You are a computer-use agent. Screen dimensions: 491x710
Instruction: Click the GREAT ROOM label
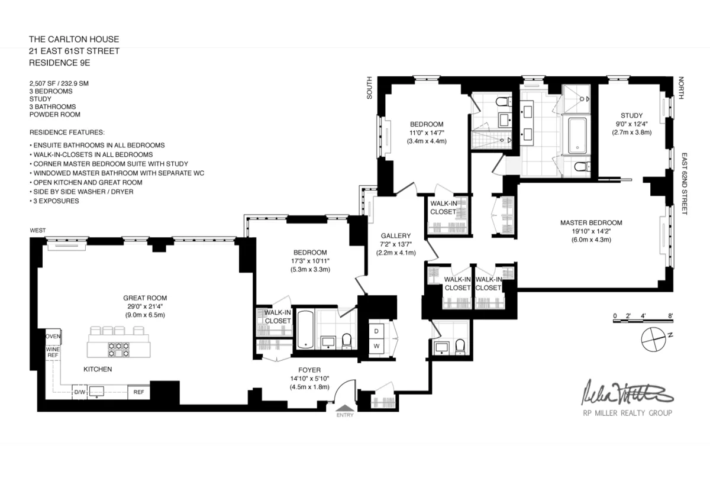tap(144, 298)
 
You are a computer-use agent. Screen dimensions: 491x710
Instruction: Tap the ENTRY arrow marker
tap(344, 408)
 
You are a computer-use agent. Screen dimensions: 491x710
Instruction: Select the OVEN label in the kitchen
tap(53, 336)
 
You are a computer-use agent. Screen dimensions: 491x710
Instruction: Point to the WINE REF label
tap(53, 352)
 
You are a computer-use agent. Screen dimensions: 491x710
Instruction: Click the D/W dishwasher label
tap(79, 392)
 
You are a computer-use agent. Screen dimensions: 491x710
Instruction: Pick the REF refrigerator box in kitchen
tap(139, 392)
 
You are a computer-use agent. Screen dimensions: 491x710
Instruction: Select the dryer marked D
tap(376, 331)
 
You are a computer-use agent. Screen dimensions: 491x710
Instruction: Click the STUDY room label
tap(631, 115)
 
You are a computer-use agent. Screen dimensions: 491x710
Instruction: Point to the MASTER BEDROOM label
tap(591, 223)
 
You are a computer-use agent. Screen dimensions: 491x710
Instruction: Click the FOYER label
tap(305, 370)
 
